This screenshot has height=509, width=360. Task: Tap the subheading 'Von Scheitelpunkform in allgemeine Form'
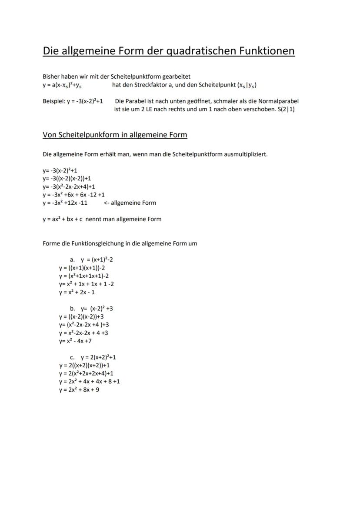coord(115,135)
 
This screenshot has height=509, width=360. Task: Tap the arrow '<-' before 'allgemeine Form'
coord(107,203)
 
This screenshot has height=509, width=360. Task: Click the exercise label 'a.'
coord(73,259)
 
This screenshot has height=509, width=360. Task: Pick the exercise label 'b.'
coord(73,309)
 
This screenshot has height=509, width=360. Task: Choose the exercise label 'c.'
coord(72,357)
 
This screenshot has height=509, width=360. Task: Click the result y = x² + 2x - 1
coord(77,292)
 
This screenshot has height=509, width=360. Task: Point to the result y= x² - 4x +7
coord(75,341)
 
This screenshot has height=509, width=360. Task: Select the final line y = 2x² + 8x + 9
coord(79,390)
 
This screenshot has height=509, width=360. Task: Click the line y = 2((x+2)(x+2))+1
coord(84,365)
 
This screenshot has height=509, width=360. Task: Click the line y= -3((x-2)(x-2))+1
coord(67,178)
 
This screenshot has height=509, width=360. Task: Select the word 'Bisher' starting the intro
coord(51,77)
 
